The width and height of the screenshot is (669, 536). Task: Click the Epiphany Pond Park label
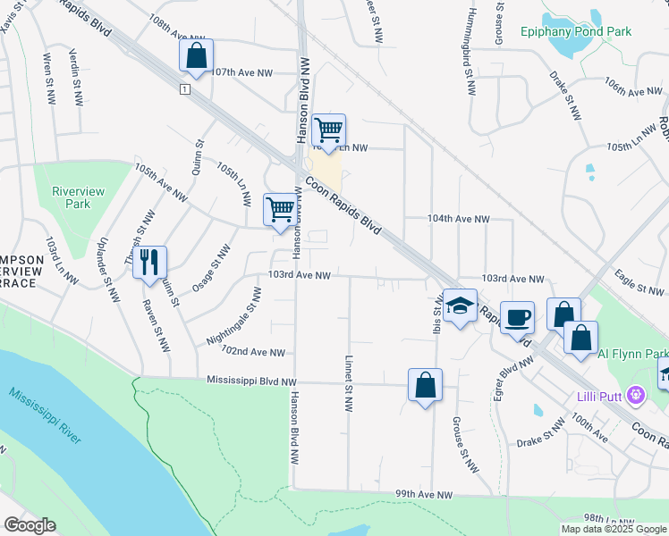pos(576,32)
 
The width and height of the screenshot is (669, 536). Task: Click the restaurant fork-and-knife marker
pos(149,262)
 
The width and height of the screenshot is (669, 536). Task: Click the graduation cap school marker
pos(460,306)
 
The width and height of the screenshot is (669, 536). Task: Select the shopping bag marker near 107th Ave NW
pos(196,55)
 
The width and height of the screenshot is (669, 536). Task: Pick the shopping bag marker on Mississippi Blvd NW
pos(425,385)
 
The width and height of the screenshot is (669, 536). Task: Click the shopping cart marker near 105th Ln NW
pos(328,130)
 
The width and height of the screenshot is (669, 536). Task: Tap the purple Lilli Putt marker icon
pos(636,393)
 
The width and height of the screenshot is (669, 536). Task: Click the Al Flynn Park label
pos(632,354)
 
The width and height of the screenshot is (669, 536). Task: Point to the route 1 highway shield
pos(183,90)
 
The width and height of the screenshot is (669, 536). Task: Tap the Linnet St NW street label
pos(347,384)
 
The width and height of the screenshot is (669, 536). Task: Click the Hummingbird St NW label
pos(468,48)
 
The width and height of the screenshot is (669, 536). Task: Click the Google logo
pos(30,526)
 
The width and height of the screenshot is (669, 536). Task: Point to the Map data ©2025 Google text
pos(613,529)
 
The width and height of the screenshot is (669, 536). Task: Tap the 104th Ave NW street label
pos(458,219)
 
